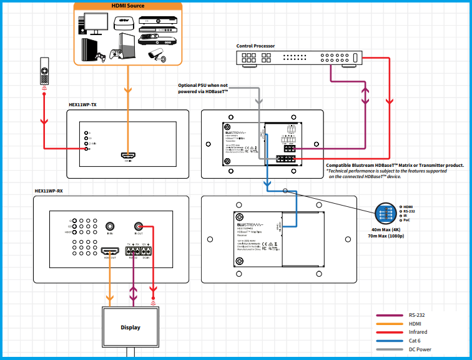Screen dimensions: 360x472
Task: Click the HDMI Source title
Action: [128, 6]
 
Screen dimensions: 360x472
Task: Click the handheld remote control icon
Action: [44, 70]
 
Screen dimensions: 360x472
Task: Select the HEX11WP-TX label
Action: [82, 105]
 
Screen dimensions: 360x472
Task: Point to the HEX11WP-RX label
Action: [49, 190]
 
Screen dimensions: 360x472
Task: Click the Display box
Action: [130, 327]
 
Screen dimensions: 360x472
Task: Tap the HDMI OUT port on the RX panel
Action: [111, 252]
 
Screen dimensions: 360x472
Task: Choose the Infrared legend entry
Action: [418, 332]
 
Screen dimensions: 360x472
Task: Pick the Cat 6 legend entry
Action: [415, 341]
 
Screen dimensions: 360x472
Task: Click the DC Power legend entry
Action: [420, 349]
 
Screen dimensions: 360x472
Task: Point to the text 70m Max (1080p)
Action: [386, 236]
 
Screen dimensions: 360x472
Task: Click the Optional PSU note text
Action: [203, 88]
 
